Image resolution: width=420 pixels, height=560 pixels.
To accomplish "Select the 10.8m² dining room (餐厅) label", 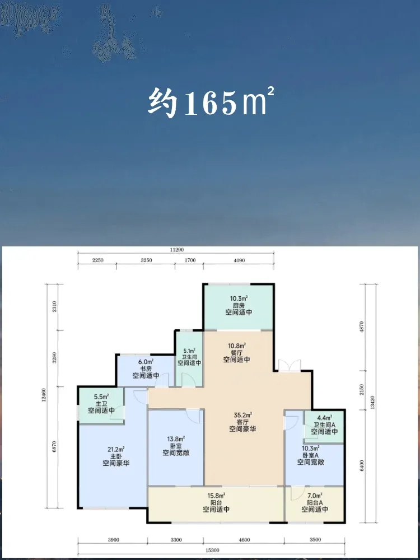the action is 237,352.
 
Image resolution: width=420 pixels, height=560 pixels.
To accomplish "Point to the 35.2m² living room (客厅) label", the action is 242,422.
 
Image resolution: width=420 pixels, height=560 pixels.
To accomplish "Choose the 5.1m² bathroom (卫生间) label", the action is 189,357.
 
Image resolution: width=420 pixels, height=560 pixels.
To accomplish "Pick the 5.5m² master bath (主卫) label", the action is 101,404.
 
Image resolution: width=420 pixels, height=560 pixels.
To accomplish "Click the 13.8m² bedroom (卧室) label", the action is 176,446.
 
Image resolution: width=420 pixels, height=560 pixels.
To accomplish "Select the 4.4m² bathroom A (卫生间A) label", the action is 324,424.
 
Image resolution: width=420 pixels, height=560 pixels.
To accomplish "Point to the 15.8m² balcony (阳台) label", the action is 216,502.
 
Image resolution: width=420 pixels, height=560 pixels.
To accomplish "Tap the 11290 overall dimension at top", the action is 176,250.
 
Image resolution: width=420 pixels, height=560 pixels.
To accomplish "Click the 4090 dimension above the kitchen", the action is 239,260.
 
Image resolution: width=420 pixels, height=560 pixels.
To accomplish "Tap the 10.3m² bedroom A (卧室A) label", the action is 311,455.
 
